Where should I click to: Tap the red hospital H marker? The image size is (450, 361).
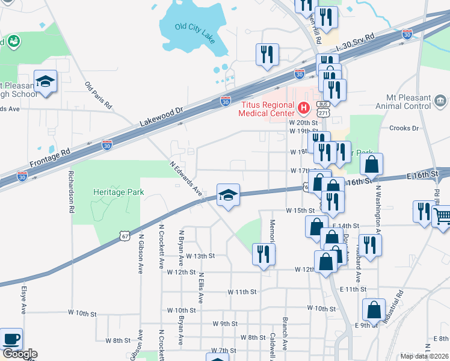(304, 109)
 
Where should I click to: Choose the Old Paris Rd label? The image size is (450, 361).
(99, 96)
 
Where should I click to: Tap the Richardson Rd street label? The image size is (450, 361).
(72, 195)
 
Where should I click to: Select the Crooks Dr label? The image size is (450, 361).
(403, 128)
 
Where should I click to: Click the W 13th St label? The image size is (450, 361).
(200, 256)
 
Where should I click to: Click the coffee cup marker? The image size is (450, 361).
(10, 338)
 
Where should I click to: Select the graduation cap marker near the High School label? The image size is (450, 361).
(45, 81)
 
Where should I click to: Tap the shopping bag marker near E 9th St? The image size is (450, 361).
(374, 309)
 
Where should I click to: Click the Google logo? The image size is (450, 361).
(19, 354)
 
